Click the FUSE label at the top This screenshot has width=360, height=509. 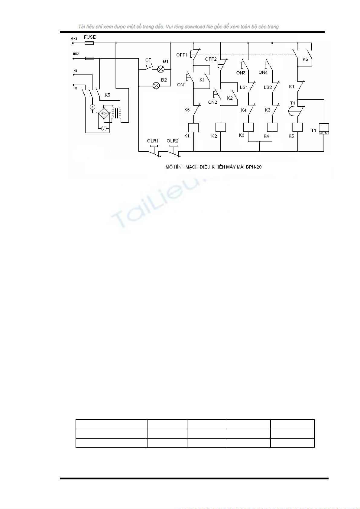[90, 37]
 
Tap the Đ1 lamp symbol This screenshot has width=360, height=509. [161, 69]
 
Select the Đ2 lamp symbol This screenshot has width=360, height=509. [156, 86]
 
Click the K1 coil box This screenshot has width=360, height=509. [193, 127]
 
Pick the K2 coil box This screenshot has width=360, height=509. [221, 127]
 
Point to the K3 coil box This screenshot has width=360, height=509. [248, 127]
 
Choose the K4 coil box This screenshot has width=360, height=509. [272, 127]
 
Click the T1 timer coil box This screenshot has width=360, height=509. [324, 129]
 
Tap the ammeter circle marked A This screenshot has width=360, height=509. [93, 107]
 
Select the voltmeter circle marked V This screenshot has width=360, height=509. [103, 129]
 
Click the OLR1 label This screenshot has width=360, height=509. [153, 141]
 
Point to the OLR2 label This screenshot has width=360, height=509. [173, 141]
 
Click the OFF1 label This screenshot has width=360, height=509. [182, 55]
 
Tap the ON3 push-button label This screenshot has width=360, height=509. [241, 73]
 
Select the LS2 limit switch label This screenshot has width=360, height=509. [268, 87]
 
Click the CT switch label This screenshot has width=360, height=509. [148, 60]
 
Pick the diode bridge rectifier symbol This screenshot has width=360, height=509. [104, 114]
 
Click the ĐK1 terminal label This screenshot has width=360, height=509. [75, 39]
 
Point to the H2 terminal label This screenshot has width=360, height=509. [75, 88]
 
